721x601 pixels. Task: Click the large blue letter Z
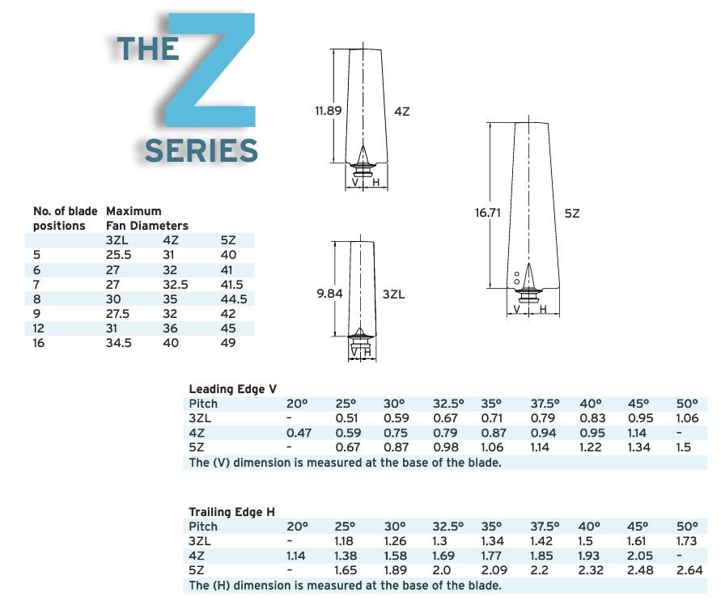212,77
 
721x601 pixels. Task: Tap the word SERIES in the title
201,151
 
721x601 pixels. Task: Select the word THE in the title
147,49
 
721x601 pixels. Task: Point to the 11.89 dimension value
328,111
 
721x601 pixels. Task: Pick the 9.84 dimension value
329,294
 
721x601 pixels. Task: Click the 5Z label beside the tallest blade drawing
572,213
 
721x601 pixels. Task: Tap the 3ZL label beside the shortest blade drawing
393,294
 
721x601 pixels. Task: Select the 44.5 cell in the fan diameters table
233,298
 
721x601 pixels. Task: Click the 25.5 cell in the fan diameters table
119,255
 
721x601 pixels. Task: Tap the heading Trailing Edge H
231,512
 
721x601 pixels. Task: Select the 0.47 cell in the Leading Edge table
298,433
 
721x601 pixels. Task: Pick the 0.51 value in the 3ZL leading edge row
346,418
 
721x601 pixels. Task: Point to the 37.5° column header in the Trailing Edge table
545,527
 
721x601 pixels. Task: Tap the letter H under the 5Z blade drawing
543,309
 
